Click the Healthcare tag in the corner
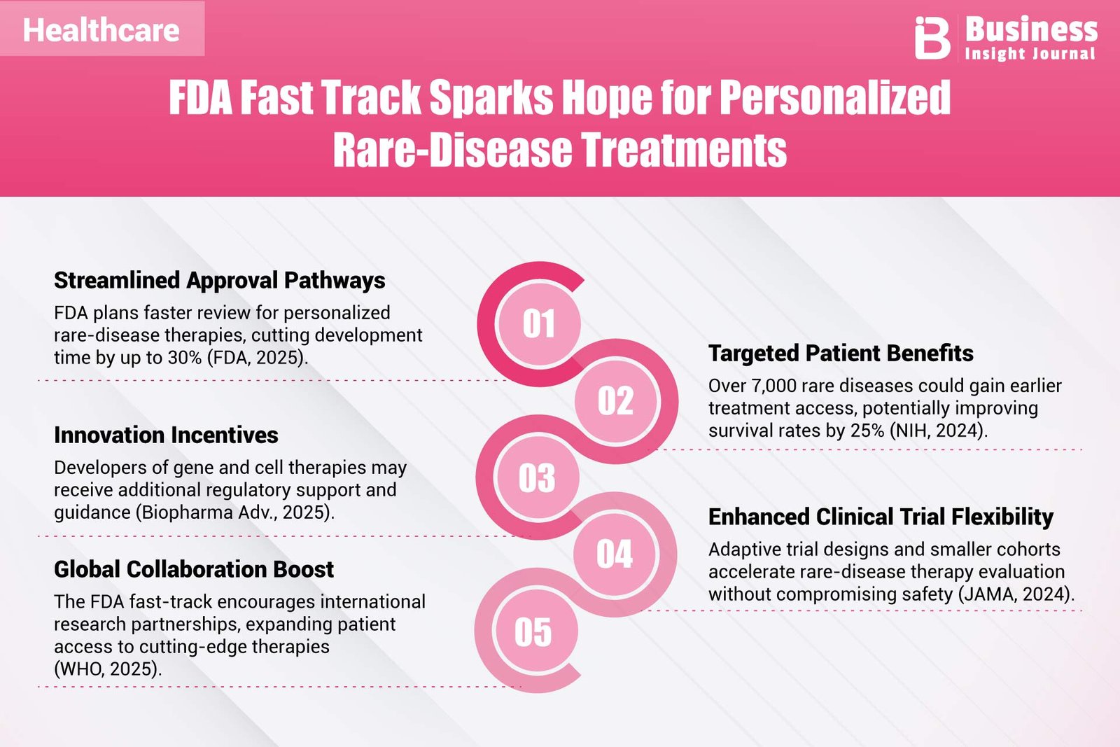(101, 29)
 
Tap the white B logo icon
(932, 38)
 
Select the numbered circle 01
(539, 323)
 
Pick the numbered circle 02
(616, 401)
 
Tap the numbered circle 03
(537, 478)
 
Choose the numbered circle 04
(615, 554)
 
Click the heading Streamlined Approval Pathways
(220, 281)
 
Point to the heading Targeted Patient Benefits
(841, 354)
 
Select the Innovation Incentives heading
(166, 435)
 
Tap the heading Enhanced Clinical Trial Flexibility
(881, 517)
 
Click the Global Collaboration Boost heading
(194, 569)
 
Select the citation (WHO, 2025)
(108, 669)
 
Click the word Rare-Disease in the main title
(452, 150)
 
